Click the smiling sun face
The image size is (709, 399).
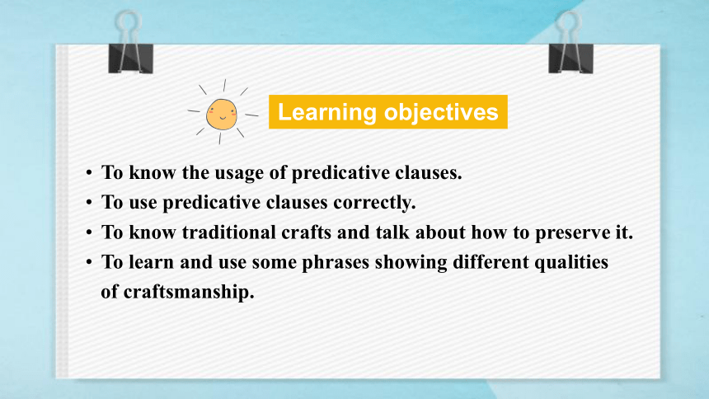tap(222, 115)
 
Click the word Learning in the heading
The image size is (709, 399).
tap(327, 112)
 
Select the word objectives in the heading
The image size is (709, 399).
tap(441, 112)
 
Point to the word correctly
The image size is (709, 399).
tap(374, 203)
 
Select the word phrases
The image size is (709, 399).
tap(336, 262)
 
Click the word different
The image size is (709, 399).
tap(491, 262)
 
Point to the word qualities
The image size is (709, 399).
tap(571, 262)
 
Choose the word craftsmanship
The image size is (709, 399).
tap(189, 292)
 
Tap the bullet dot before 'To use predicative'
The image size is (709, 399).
tap(89, 202)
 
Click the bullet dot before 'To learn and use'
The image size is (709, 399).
tap(89, 262)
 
